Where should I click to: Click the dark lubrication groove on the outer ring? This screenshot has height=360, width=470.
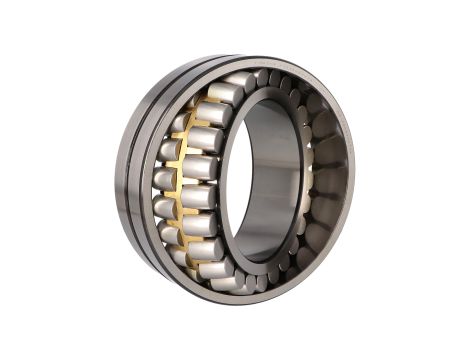143,180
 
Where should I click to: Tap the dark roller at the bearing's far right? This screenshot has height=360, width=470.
330,180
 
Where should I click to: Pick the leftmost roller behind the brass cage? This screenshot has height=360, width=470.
163,181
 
